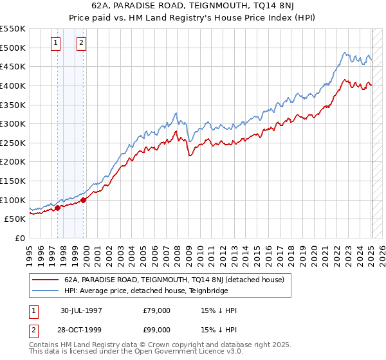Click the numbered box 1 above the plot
[x=55, y=44]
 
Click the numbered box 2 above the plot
[x=82, y=44]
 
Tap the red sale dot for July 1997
[x=57, y=208]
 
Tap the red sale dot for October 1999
[x=84, y=200]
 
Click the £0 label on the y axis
[x=21, y=238]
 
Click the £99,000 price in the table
[x=156, y=331]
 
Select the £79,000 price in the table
[x=156, y=310]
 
